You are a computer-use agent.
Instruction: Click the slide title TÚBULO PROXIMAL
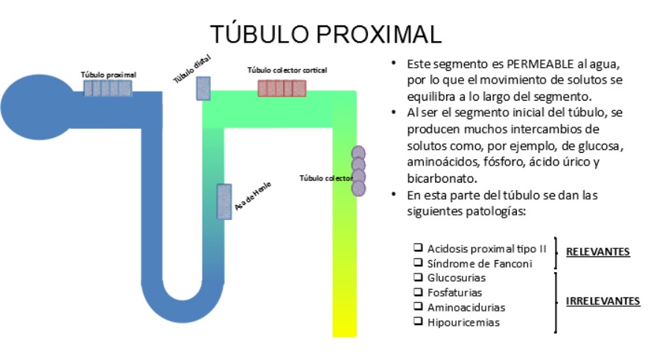(325, 34)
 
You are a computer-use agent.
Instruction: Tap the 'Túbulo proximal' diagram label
(109, 75)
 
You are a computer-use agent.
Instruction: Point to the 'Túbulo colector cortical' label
(287, 70)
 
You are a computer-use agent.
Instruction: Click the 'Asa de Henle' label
(252, 196)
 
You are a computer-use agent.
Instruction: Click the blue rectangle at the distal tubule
(203, 88)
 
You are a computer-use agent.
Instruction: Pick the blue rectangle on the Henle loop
(223, 201)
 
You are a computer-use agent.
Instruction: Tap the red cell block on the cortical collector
(282, 88)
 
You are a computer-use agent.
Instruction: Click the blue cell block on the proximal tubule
(107, 88)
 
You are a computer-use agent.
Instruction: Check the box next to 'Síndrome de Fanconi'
(419, 263)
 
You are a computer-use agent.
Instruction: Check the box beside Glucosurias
(419, 277)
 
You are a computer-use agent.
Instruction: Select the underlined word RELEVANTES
(597, 252)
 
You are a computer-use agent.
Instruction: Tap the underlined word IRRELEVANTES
(603, 301)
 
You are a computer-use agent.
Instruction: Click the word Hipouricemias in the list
(463, 323)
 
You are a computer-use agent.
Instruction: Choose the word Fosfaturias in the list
(454, 292)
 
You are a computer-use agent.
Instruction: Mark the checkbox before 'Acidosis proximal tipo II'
(419, 247)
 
